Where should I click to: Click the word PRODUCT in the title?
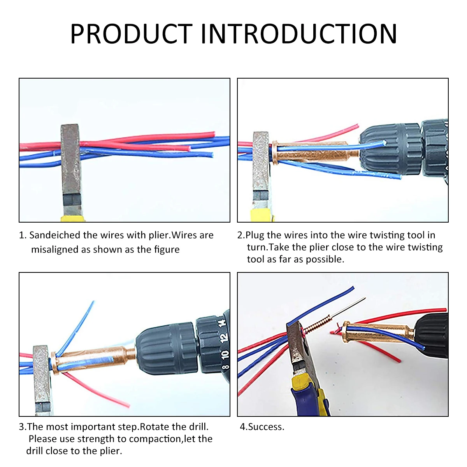pyautogui.click(x=131, y=34)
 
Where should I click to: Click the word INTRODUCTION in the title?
pyautogui.click(x=298, y=34)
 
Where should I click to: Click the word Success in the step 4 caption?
pyautogui.click(x=266, y=427)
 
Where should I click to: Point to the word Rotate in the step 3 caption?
pyautogui.click(x=154, y=427)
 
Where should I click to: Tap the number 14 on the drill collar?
pyautogui.click(x=222, y=323)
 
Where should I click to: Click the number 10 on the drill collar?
pyautogui.click(x=225, y=355)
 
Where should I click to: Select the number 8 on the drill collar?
pyautogui.click(x=225, y=367)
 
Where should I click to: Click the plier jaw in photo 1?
pyautogui.click(x=71, y=163)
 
